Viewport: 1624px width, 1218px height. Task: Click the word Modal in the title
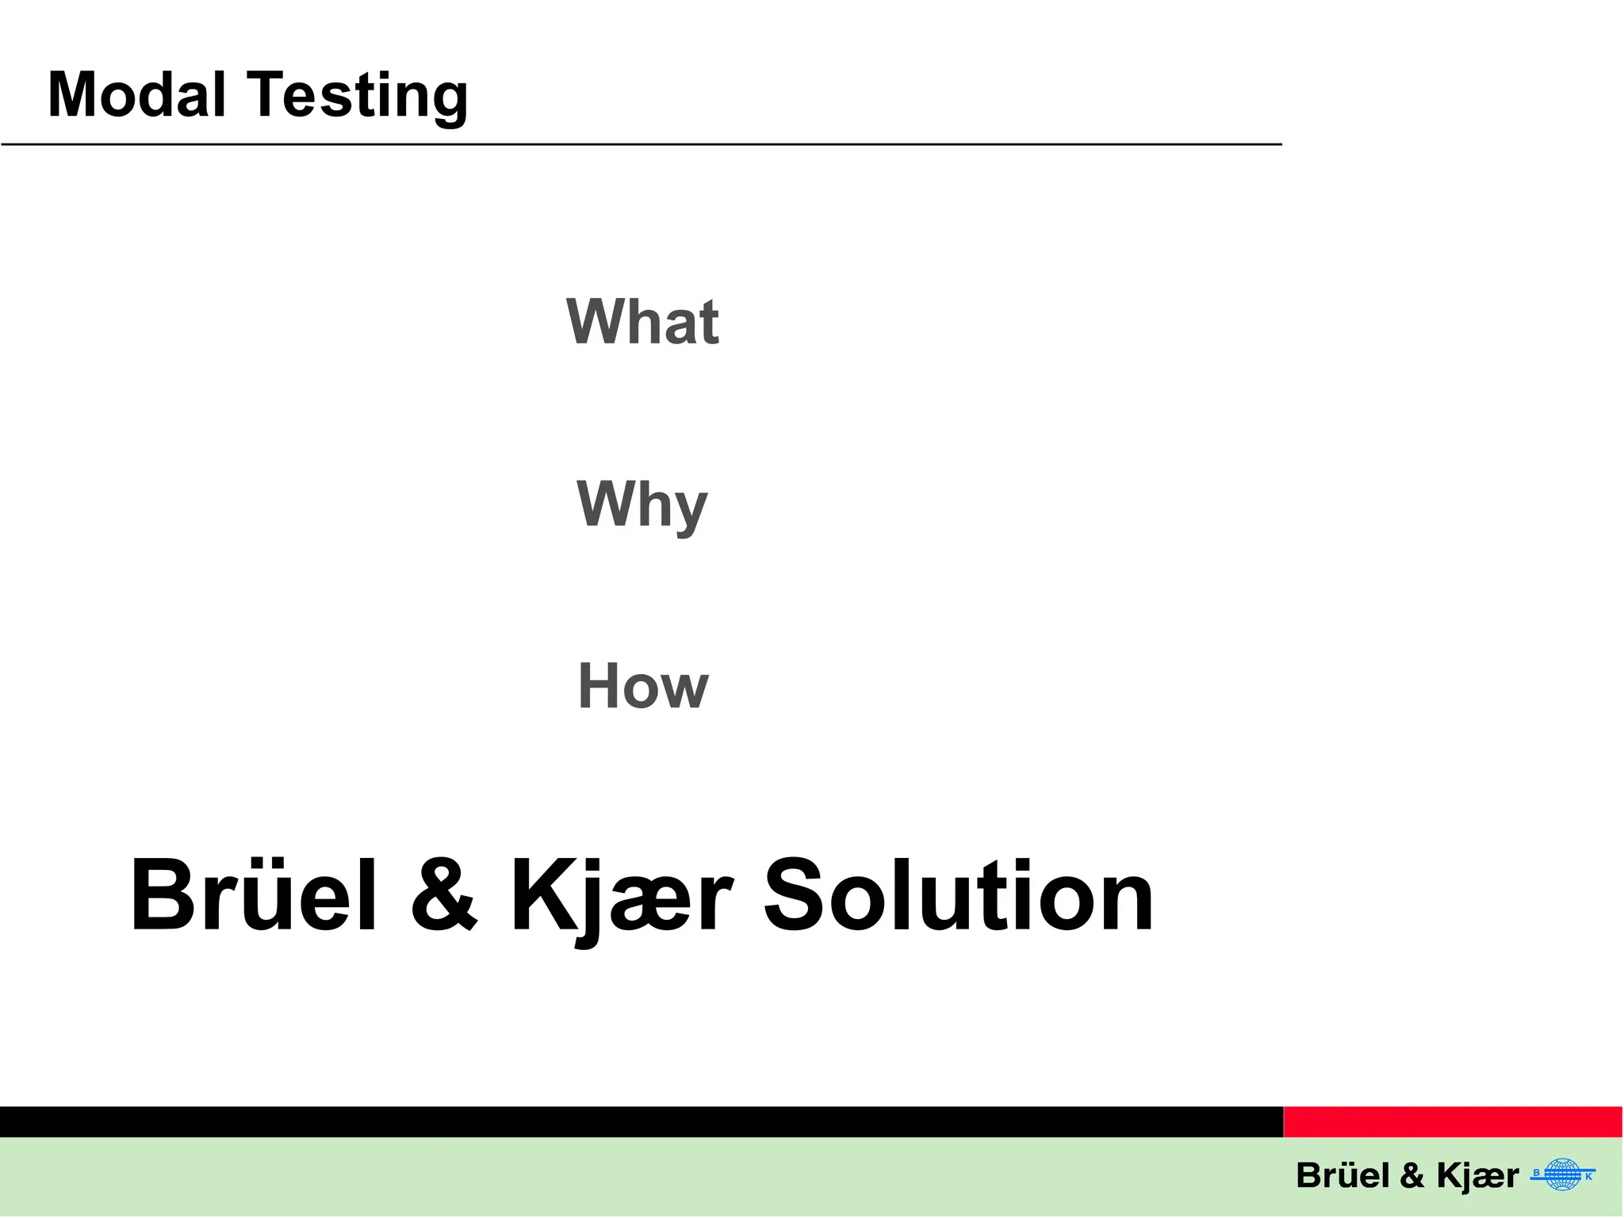[x=136, y=95]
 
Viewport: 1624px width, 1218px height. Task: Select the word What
[x=642, y=321]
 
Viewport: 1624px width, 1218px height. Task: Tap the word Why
[x=642, y=504]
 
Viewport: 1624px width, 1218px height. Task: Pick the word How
[x=642, y=687]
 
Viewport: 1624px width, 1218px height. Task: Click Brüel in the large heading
[x=253, y=896]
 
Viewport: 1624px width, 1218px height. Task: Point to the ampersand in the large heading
[x=444, y=896]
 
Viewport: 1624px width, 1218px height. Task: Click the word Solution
[x=958, y=896]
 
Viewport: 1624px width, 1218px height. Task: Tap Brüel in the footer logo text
[x=1342, y=1175]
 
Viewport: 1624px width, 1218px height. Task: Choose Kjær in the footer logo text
[x=1477, y=1176]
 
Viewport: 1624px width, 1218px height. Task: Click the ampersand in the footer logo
[x=1412, y=1176]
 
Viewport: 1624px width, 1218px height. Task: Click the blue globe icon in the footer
[x=1563, y=1174]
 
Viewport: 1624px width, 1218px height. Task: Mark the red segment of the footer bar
[x=1453, y=1122]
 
